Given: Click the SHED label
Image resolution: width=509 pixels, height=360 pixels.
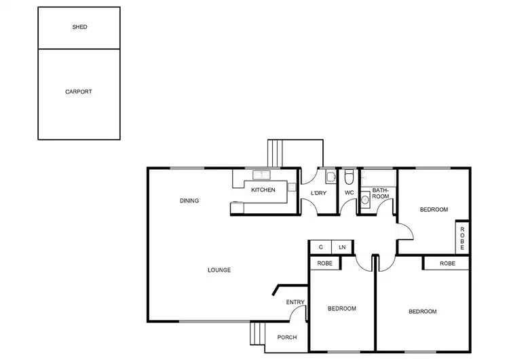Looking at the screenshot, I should [79, 27].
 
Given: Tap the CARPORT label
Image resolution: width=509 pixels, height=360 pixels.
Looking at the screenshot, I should [79, 92].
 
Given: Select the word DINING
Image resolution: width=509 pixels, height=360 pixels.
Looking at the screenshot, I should [189, 200].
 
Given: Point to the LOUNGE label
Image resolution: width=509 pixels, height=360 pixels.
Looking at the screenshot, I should [219, 270].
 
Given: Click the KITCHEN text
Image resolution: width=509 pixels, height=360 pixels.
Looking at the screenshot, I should [263, 190].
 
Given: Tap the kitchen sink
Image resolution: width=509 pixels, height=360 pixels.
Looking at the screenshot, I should [259, 175].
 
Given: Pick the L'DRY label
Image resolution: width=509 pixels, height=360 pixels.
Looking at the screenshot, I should [319, 193].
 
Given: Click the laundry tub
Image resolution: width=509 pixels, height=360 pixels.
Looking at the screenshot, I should [330, 178].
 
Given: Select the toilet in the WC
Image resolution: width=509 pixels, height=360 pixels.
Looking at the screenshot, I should [348, 178].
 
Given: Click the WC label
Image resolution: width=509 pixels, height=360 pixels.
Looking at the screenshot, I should [349, 193].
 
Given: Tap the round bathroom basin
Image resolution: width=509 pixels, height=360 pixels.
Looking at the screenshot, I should [365, 200].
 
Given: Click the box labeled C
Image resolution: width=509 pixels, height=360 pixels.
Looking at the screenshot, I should [320, 247].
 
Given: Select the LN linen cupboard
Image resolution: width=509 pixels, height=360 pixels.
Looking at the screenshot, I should [342, 247].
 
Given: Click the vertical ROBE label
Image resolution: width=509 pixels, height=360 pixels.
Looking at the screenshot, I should [461, 237].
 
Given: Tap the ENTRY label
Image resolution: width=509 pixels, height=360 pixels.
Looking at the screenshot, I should [295, 302].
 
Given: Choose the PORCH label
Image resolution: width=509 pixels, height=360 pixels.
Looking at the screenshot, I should [287, 337].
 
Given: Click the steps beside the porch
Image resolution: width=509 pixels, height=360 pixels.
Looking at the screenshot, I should [257, 334].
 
